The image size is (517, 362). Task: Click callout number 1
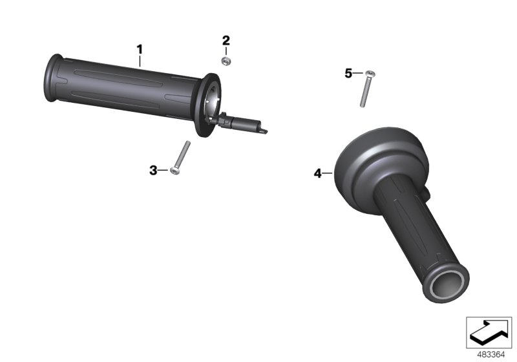138,48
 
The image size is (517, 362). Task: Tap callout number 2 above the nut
226,40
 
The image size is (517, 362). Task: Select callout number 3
153,170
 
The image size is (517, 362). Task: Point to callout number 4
317,173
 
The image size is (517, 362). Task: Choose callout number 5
348,74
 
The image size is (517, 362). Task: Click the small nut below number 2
226,61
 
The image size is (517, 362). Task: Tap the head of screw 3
174,171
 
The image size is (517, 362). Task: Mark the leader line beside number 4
328,173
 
